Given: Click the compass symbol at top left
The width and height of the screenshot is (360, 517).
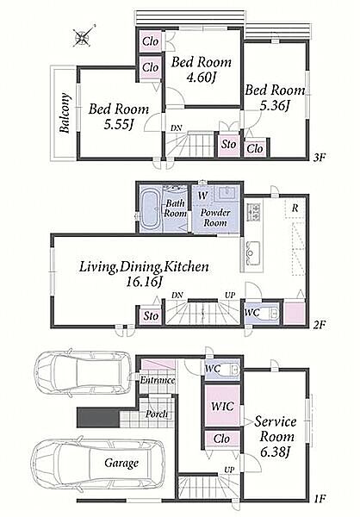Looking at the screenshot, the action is (x=83, y=36).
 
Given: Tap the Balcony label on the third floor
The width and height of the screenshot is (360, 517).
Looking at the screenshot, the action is (x=65, y=113).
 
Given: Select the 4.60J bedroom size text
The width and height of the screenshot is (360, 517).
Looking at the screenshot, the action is (x=201, y=78).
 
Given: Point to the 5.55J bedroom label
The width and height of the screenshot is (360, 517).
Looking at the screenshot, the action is (x=119, y=125).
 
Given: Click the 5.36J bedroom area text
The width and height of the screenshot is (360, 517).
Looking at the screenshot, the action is (x=275, y=105).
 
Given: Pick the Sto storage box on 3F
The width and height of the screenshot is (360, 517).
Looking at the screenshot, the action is (x=228, y=145).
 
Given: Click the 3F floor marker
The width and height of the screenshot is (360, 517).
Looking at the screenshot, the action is (x=320, y=158).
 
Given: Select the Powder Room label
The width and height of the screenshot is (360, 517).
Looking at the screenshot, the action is (x=215, y=218).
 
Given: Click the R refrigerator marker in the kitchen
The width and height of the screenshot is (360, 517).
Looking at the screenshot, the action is (x=295, y=208).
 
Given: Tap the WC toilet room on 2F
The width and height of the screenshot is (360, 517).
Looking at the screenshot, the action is (x=262, y=313).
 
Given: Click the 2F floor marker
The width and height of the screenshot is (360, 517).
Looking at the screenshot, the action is (x=320, y=325).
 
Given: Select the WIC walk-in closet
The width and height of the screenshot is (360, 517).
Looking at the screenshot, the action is (x=222, y=406).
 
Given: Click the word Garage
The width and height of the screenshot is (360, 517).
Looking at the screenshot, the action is (x=121, y=464).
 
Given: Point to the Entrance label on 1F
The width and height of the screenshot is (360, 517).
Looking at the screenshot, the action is (x=158, y=380).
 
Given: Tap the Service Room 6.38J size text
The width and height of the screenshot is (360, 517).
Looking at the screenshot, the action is (x=275, y=452).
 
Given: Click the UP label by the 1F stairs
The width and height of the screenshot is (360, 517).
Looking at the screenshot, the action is (x=229, y=470).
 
